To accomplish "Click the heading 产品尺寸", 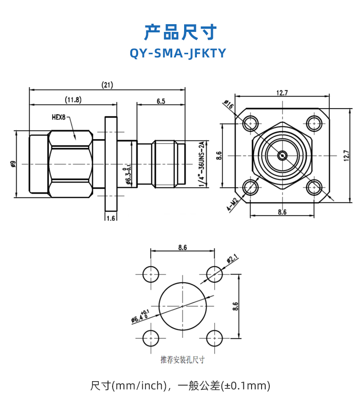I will pyautogui.click(x=180, y=33).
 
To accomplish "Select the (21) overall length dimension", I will pyautogui.click(x=108, y=85).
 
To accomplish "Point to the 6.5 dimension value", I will pyautogui.click(x=161, y=101).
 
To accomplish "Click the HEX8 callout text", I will pyautogui.click(x=58, y=117).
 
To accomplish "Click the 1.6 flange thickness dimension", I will pyautogui.click(x=111, y=218).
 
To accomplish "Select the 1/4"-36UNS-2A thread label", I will pyautogui.click(x=201, y=163).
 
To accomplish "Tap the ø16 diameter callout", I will pyautogui.click(x=229, y=106).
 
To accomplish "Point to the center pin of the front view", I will pyautogui.click(x=282, y=155).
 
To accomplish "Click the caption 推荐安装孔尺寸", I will pyautogui.click(x=182, y=360).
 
